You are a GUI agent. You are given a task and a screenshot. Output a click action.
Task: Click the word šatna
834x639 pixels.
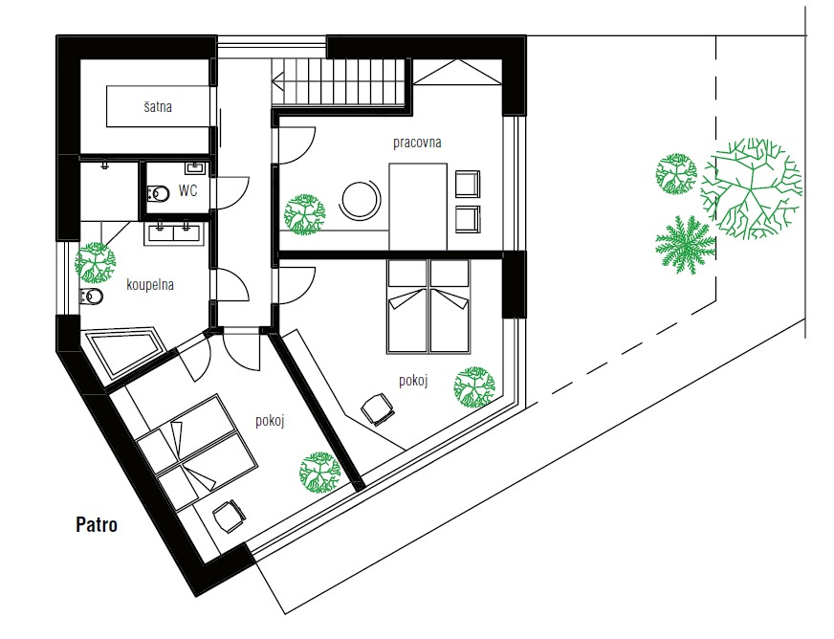click(158, 106)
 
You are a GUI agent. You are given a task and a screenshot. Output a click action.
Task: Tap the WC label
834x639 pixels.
click(187, 190)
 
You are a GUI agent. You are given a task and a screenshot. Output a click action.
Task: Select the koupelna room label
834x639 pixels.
click(150, 285)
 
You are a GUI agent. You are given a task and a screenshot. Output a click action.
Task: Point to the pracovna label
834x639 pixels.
click(417, 143)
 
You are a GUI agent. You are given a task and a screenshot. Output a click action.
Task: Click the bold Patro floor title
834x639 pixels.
click(97, 524)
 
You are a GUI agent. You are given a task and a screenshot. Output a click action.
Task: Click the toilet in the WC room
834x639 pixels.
click(158, 193)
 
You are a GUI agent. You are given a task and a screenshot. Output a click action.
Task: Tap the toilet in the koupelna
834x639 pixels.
click(91, 297)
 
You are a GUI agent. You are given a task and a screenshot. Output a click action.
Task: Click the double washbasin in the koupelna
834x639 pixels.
click(172, 233)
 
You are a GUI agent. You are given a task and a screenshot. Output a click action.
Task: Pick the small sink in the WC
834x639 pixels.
click(195, 168)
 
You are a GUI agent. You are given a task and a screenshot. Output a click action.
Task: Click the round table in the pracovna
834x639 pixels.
click(361, 200)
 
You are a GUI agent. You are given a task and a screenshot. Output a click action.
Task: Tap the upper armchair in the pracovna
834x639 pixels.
click(468, 184)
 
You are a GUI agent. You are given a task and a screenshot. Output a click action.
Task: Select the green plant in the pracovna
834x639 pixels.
click(304, 214)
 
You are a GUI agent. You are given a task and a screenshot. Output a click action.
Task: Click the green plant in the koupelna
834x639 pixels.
click(96, 262)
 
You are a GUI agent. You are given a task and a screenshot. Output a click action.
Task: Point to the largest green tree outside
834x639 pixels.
click(751, 187)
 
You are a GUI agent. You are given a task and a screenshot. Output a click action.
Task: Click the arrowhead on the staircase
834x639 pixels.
click(277, 82)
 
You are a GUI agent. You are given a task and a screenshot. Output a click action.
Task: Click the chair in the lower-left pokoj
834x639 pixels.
click(229, 515)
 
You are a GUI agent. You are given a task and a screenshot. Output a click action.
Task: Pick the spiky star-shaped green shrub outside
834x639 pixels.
click(685, 245)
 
